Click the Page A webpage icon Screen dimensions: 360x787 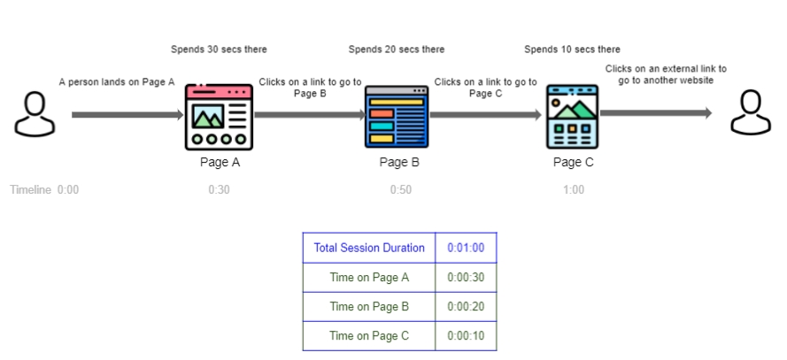tap(219, 116)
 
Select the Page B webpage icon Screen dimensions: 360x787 tap(397, 116)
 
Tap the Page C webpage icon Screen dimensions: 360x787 tap(571, 116)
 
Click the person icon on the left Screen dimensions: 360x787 tap(34, 113)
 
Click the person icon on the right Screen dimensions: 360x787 tap(749, 113)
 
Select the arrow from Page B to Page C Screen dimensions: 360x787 tap(485, 114)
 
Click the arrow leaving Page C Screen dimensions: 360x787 tap(655, 112)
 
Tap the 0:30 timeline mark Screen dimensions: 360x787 tap(219, 189)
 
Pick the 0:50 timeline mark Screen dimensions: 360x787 tap(400, 189)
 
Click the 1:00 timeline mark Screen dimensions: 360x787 tap(573, 189)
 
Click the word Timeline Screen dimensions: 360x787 tap(30, 189)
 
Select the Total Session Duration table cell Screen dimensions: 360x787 tap(369, 248)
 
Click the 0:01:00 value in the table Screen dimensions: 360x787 tap(466, 248)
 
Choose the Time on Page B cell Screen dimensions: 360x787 tap(369, 306)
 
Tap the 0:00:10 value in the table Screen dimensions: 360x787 tap(466, 335)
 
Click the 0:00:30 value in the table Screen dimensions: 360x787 tap(466, 277)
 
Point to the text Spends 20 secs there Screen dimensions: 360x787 tap(397, 50)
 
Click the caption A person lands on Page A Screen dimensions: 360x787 tap(117, 82)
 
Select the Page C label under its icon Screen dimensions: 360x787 tap(573, 162)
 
